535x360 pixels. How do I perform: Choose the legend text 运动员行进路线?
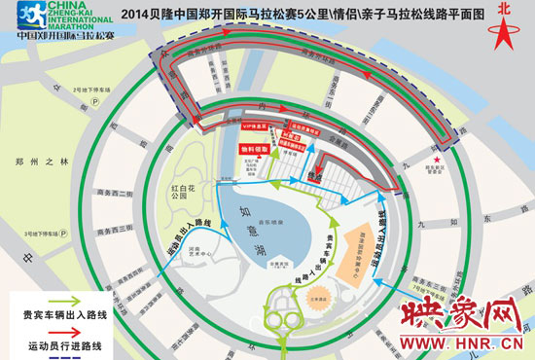pyautogui.click(x=67, y=344)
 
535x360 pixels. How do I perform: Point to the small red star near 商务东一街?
pyautogui.click(x=439, y=160)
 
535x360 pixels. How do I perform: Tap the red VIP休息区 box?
pyautogui.click(x=254, y=126)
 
